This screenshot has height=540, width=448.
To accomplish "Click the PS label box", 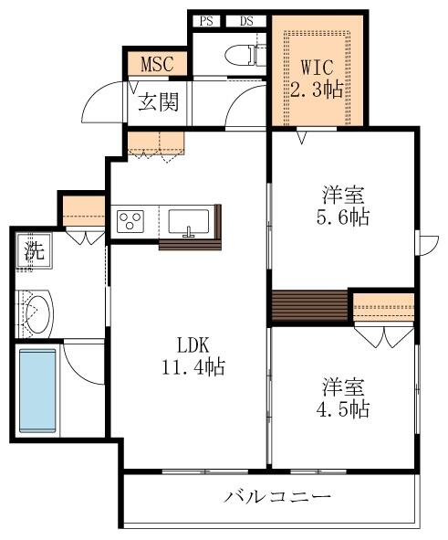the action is (206, 21).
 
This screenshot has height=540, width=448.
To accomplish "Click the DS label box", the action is (246, 21).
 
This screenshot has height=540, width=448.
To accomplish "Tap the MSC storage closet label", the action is (158, 64).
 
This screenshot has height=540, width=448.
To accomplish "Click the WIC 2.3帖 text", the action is (317, 79).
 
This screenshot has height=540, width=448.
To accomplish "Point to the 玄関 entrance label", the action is (159, 102).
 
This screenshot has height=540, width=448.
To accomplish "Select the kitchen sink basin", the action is (188, 222).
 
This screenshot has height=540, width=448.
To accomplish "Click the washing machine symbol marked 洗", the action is (34, 250).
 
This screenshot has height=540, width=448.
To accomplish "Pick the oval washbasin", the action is (39, 313).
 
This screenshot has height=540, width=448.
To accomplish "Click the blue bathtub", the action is (37, 390).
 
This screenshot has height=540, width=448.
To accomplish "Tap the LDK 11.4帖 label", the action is (193, 355).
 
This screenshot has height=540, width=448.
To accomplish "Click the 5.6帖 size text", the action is (343, 217).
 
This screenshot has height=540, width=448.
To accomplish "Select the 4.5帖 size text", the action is (343, 409).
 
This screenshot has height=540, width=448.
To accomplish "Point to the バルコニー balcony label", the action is (277, 496).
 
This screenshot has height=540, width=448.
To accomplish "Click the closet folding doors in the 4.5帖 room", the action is (384, 335).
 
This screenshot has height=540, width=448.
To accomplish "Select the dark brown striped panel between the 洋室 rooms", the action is (310, 305).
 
